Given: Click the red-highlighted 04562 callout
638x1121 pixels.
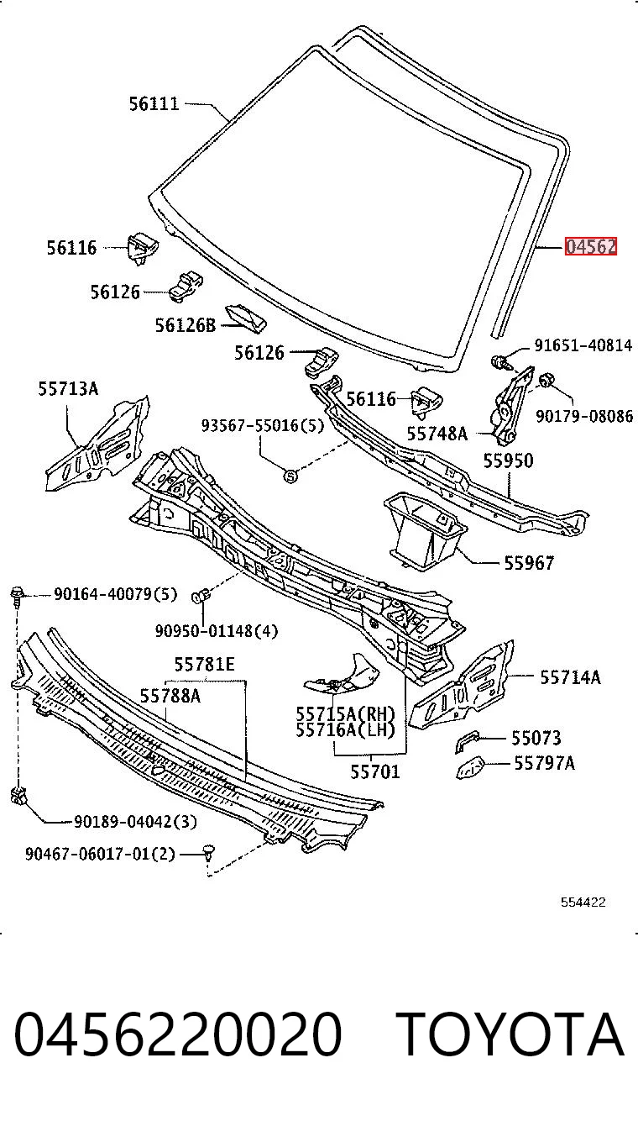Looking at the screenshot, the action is coord(590,246).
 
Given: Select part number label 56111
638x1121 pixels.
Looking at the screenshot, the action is coord(154,103).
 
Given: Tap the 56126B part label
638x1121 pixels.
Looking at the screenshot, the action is coord(185,325).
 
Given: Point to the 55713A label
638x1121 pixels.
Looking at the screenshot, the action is coord(69,389).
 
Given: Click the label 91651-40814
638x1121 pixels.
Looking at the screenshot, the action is coord(583,345).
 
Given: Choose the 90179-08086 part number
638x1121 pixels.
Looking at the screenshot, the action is coord(584,416).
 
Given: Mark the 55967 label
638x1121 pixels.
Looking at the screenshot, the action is coord(529,564).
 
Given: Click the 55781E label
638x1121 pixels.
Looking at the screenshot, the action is coord(205,664).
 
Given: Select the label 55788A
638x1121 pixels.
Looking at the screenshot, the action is coord(170,696).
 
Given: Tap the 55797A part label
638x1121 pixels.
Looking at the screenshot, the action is coord(545,763).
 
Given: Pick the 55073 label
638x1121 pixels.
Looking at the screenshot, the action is coord(536,738).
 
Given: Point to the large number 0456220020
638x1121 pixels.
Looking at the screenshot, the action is coord(178,1034).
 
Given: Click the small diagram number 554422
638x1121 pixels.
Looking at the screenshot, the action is coord(583,903).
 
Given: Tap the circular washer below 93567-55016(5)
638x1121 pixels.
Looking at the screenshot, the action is coord(290,476).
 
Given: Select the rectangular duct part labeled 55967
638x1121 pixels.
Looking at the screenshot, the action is coord(425,530).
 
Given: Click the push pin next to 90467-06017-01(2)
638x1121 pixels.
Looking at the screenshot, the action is coord(209,851).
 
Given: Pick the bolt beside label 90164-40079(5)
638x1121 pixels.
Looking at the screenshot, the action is coord(17,594).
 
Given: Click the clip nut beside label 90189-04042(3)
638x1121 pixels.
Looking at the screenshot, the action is coord(18,795).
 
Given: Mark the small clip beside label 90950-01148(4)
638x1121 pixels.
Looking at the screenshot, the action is coord(201,596).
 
